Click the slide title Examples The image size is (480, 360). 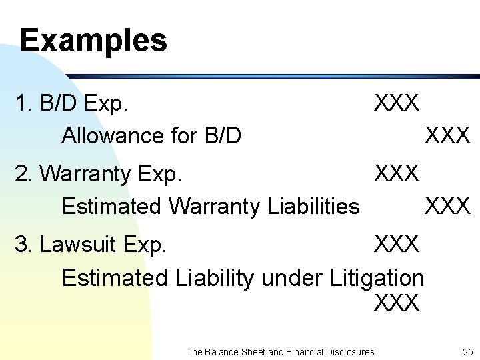93,40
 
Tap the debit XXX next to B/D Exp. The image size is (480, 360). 397,103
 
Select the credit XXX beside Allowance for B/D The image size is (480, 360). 447,136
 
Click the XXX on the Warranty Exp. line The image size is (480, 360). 397,174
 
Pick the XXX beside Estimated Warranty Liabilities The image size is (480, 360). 447,207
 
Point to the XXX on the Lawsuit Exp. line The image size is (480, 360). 397,245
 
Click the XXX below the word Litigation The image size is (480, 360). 397,303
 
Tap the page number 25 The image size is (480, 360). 467,351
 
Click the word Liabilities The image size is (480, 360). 313,207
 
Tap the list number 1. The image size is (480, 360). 22,103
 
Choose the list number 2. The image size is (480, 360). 23,174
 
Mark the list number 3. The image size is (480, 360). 23,245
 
